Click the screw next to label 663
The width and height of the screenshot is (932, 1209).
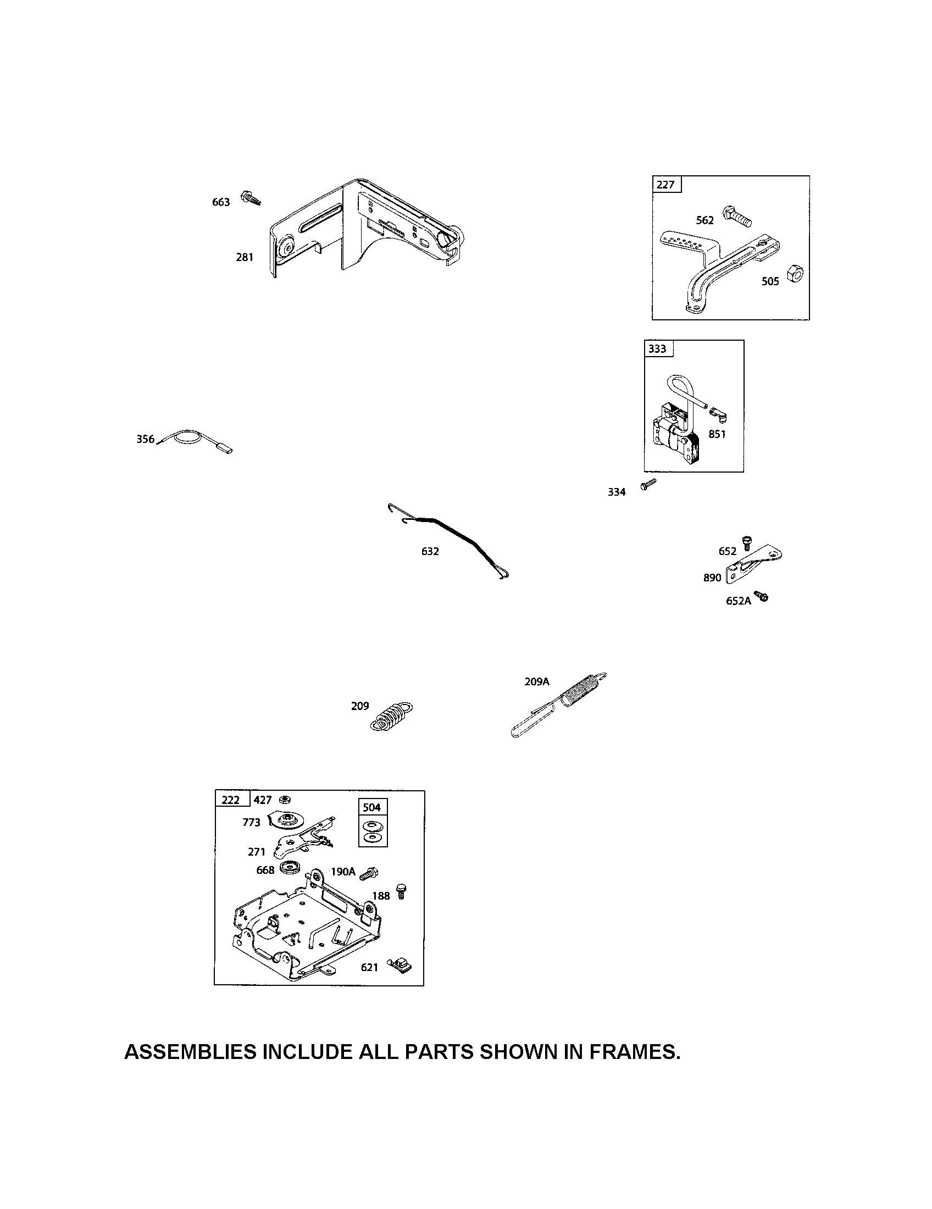pyautogui.click(x=251, y=198)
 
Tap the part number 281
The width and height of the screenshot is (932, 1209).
pyautogui.click(x=245, y=257)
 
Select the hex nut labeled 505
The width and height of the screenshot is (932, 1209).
pyautogui.click(x=795, y=274)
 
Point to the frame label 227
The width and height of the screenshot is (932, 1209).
pyautogui.click(x=666, y=184)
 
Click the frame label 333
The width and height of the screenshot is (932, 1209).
pyautogui.click(x=657, y=349)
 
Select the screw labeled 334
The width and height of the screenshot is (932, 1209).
pyautogui.click(x=647, y=485)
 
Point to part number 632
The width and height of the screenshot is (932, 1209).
pyautogui.click(x=430, y=551)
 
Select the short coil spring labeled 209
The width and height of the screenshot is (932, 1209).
pyautogui.click(x=392, y=716)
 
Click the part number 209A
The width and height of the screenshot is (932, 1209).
pyautogui.click(x=537, y=682)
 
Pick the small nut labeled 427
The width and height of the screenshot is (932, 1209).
pyautogui.click(x=285, y=799)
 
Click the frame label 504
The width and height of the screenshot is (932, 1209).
pyautogui.click(x=372, y=807)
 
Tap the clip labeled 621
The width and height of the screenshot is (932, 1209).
pyautogui.click(x=400, y=966)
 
